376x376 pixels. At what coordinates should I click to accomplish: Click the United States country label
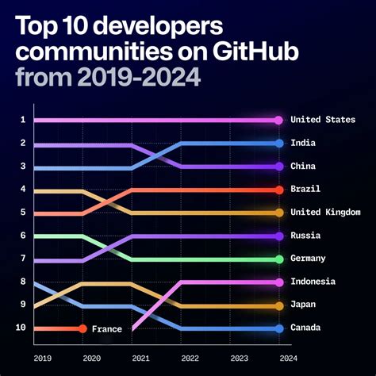tap(322, 120)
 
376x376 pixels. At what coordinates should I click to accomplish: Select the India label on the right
tap(304, 144)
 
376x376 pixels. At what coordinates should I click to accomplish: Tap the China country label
tap(304, 167)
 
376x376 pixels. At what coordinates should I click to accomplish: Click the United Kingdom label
tap(325, 213)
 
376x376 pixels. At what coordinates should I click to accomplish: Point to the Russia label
tap(306, 236)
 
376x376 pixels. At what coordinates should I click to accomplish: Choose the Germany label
tap(309, 259)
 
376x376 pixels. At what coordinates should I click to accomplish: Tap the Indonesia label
tap(313, 282)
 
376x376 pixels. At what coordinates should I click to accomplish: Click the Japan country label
tap(304, 305)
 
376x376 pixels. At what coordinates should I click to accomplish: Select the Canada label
tap(306, 328)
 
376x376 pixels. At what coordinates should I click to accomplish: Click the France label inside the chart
tap(106, 328)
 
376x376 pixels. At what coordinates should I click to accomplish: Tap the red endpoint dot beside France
tap(82, 328)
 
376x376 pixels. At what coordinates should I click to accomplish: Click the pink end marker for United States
tap(278, 120)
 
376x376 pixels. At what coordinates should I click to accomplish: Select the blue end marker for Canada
tap(278, 328)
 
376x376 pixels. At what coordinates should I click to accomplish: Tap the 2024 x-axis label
tap(278, 358)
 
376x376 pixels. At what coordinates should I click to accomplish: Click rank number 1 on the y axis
tap(23, 120)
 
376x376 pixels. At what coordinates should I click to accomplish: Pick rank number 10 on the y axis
tap(21, 328)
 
